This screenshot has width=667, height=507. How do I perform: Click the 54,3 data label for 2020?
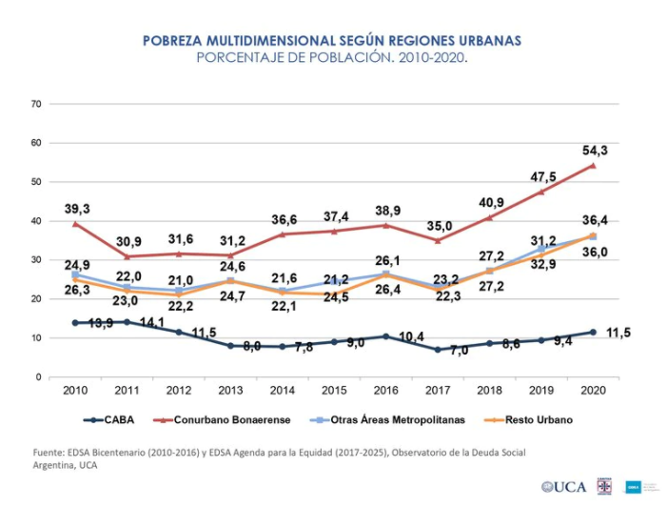coord(593,151)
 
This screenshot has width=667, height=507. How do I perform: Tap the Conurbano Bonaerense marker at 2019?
coord(541,191)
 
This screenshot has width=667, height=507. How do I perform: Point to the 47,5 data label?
coord(542,176)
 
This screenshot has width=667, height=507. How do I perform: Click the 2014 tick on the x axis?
coord(283,391)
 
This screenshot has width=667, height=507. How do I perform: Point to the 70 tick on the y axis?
coord(37,103)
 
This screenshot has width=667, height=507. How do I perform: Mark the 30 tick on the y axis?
coord(37,259)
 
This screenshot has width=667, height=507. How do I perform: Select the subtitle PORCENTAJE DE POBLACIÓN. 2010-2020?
coord(332,57)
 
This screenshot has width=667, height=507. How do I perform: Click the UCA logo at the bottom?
coord(566,487)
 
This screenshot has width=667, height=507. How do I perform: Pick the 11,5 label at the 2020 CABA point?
coord(618,333)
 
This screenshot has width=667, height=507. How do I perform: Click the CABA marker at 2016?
coord(386,336)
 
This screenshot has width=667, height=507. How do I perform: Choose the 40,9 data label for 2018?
coord(491,203)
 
